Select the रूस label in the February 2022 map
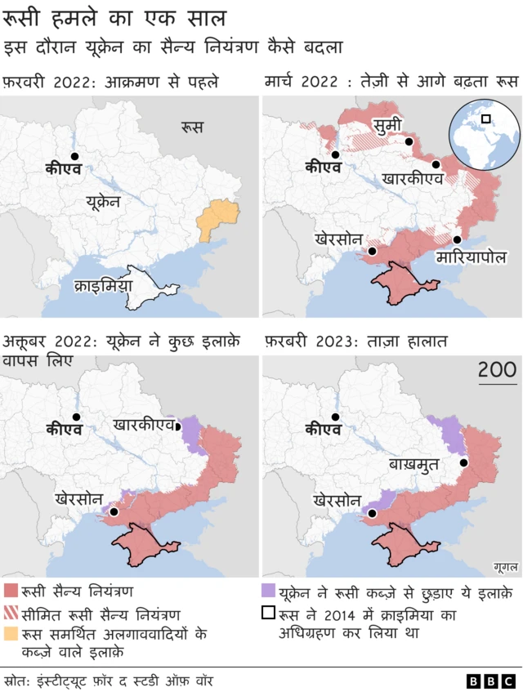[x=192, y=127]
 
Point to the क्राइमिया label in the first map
[x=102, y=287]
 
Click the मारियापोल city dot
[x=458, y=240]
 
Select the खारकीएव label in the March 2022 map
[x=413, y=178]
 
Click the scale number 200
[x=496, y=369]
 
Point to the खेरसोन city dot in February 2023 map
[x=373, y=514]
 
